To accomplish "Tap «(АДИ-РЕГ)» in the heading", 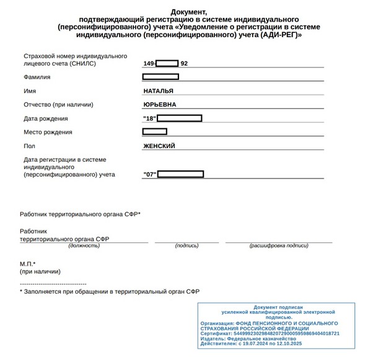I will point(281,35).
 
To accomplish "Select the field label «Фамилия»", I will point(37,77).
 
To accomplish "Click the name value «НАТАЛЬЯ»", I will point(158,91).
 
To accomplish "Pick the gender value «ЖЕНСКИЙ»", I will point(159,146).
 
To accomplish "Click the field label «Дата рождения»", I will point(46,118).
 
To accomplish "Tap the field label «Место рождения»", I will point(48,132).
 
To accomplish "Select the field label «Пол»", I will point(29,146).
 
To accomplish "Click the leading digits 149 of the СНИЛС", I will point(148,63).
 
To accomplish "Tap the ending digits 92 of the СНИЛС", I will point(184,63).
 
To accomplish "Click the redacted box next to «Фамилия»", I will point(160,77).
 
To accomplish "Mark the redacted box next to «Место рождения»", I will point(155,131).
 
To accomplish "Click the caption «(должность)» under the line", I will point(84,245).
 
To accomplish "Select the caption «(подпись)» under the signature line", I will point(186,245).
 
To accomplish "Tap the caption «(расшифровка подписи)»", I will point(278,245).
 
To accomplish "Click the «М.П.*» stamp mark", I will point(28,265).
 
